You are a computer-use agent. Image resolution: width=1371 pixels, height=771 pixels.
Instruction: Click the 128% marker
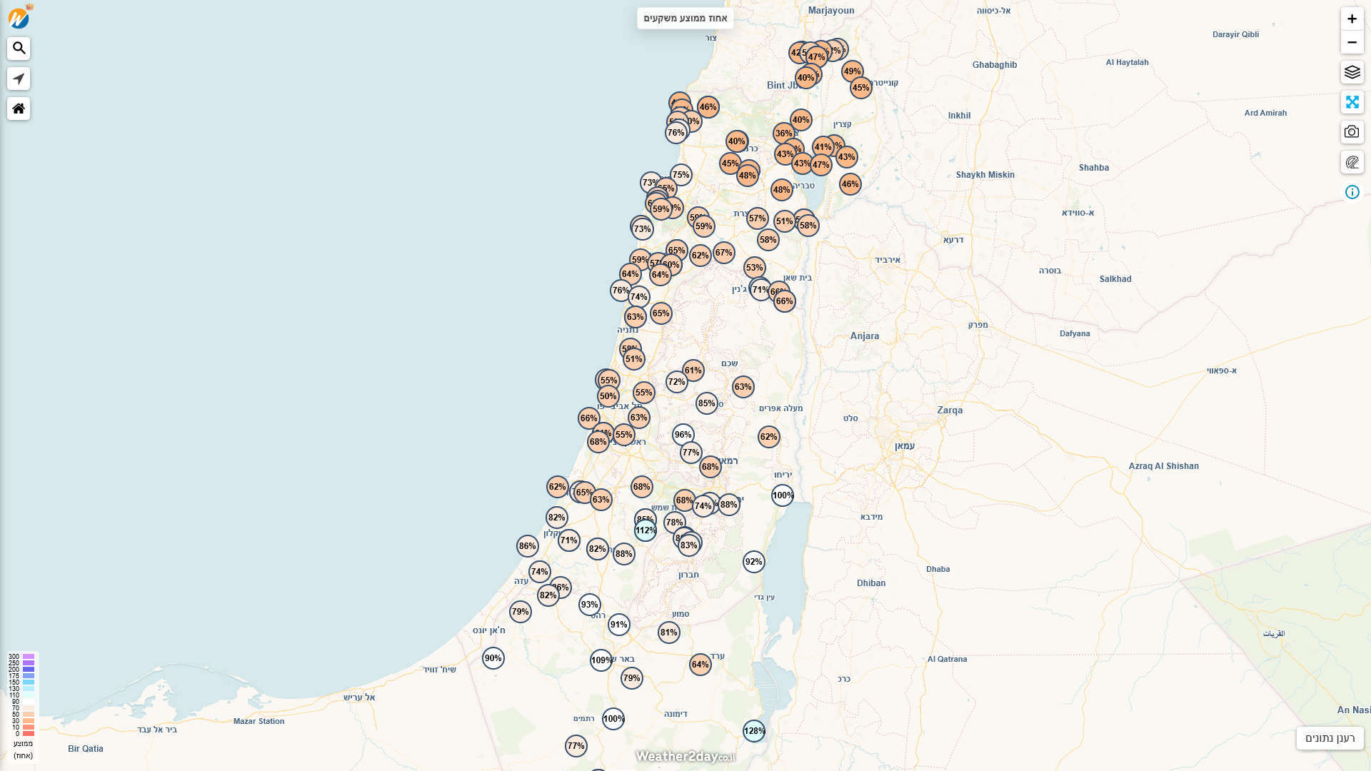pyautogui.click(x=754, y=730)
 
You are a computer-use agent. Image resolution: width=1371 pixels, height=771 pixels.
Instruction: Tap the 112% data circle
pyautogui.click(x=646, y=530)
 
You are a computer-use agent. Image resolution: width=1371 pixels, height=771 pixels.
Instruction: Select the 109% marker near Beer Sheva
pyautogui.click(x=601, y=660)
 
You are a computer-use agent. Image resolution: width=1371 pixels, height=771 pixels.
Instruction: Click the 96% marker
pyautogui.click(x=683, y=435)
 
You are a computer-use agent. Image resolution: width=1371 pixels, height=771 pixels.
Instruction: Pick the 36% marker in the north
pyautogui.click(x=784, y=133)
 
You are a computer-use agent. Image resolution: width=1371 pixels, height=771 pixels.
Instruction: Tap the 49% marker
pyautogui.click(x=853, y=71)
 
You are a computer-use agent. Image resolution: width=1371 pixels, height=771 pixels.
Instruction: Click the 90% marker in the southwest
pyautogui.click(x=493, y=658)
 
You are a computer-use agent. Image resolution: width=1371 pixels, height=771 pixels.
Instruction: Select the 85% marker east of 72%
pyautogui.click(x=707, y=403)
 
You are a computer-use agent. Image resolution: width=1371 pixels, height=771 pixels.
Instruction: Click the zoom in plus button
pyautogui.click(x=1352, y=19)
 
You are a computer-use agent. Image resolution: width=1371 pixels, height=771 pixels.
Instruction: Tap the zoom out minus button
pyautogui.click(x=1352, y=43)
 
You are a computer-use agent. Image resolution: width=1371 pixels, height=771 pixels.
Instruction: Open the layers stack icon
pyautogui.click(x=1352, y=72)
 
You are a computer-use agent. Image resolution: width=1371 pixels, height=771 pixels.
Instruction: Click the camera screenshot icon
pyautogui.click(x=1352, y=132)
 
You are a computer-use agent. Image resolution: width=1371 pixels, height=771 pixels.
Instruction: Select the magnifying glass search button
pyautogui.click(x=19, y=49)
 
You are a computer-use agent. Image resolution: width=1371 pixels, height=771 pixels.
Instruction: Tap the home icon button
pyautogui.click(x=19, y=109)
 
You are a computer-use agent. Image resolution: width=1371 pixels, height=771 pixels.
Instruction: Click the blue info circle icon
pyautogui.click(x=1352, y=192)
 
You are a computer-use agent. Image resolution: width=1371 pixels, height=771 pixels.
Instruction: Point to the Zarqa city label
pyautogui.click(x=950, y=410)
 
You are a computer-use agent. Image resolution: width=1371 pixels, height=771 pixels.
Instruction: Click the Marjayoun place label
pyautogui.click(x=831, y=11)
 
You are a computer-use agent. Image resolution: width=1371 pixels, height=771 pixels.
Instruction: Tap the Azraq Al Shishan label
pyautogui.click(x=1163, y=466)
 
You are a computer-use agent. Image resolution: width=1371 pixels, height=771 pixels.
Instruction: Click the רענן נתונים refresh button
pyautogui.click(x=1330, y=738)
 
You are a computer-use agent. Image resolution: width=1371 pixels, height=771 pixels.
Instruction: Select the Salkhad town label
pyautogui.click(x=1115, y=279)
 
